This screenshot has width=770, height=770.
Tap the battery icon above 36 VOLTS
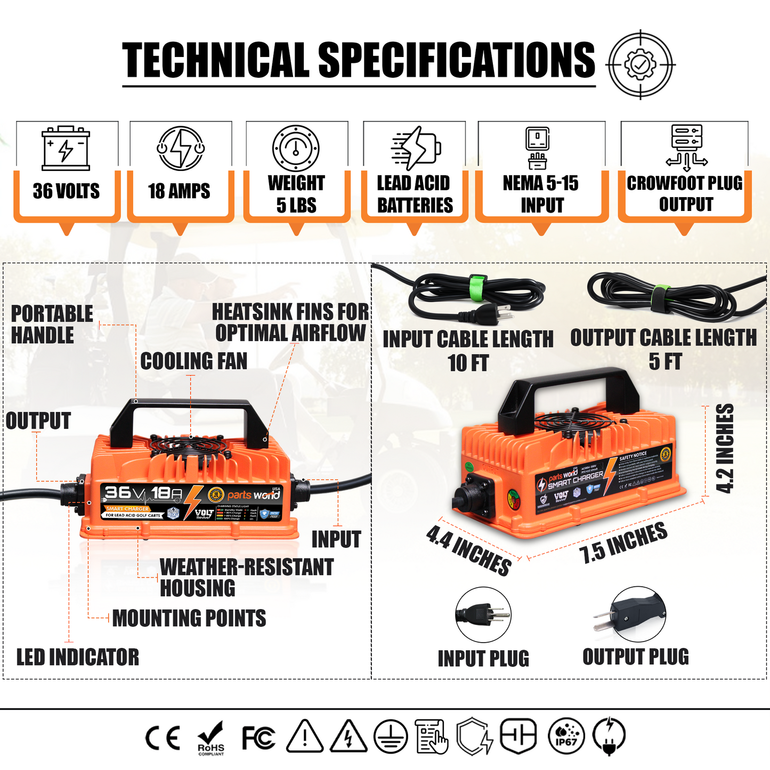pyautogui.click(x=66, y=148)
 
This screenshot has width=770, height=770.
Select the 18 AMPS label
pyautogui.click(x=180, y=191)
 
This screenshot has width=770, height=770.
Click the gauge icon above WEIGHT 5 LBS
pyautogui.click(x=296, y=148)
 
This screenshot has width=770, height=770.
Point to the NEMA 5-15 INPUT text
pyautogui.click(x=541, y=194)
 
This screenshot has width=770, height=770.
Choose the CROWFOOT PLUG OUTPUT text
pyautogui.click(x=685, y=193)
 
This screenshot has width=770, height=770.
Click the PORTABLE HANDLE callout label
pyautogui.click(x=51, y=325)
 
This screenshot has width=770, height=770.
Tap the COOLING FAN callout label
pyautogui.click(x=194, y=361)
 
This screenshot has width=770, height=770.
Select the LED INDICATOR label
pyautogui.click(x=78, y=657)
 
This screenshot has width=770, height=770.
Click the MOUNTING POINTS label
pyautogui.click(x=189, y=618)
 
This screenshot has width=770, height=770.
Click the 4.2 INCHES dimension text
pyautogui.click(x=725, y=449)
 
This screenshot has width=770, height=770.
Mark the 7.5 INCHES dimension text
pyautogui.click(x=623, y=542)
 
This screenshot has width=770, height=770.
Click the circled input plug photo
pyautogui.click(x=483, y=615)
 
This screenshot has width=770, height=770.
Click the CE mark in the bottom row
pyautogui.click(x=163, y=738)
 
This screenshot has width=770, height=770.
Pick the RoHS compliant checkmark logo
pyautogui.click(x=211, y=739)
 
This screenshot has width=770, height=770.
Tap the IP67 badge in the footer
pyautogui.click(x=566, y=736)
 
